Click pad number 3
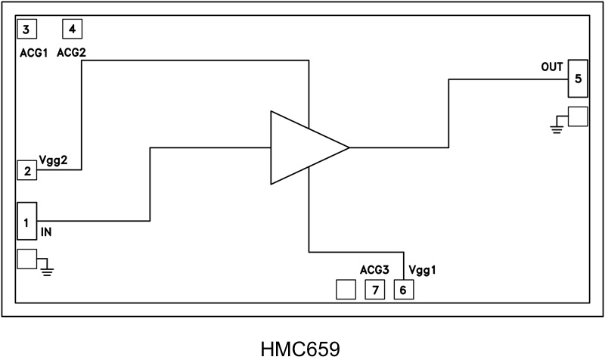tap(26, 29)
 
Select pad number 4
tap(72, 29)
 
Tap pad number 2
tap(26, 170)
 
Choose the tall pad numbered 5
tap(578, 79)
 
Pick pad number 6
tap(403, 289)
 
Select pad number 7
tap(374, 289)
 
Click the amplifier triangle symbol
tap(302, 148)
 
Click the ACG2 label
tap(76, 53)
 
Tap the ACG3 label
tap(374, 269)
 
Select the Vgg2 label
tap(54, 160)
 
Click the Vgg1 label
tap(423, 269)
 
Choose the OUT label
tap(551, 67)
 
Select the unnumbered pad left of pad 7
tap(346, 289)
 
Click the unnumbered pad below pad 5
tap(578, 116)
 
